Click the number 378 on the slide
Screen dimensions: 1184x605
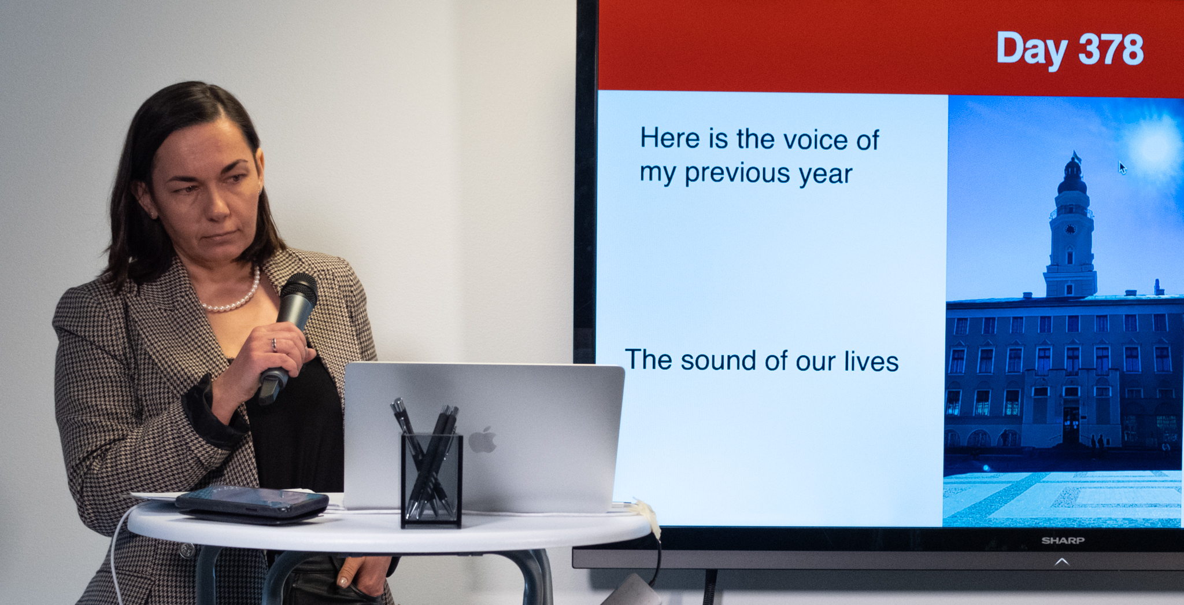pos(1111,49)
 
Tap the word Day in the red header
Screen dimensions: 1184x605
pos(1031,50)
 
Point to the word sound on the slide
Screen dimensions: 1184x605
pos(718,361)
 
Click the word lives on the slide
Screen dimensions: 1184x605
pos(871,361)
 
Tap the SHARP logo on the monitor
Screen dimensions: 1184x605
pos(1063,540)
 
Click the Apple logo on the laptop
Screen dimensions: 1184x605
pos(482,440)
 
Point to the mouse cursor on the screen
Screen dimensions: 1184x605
pos(1122,168)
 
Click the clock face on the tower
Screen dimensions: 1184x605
pos(1070,229)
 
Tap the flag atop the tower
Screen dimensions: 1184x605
pos(1076,156)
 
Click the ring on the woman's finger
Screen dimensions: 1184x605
pos(274,345)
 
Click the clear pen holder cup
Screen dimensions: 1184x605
pos(431,480)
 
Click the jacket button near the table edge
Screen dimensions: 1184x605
pos(187,550)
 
